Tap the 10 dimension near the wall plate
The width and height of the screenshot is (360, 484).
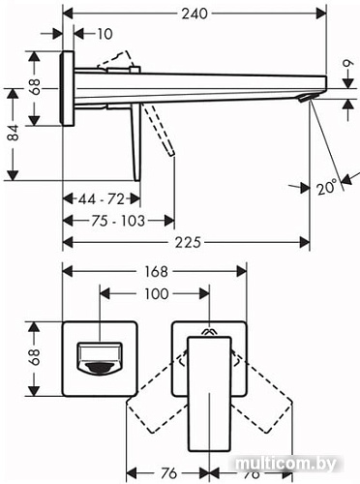(x=105, y=34)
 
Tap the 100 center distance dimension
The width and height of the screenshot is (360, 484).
(x=155, y=293)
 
